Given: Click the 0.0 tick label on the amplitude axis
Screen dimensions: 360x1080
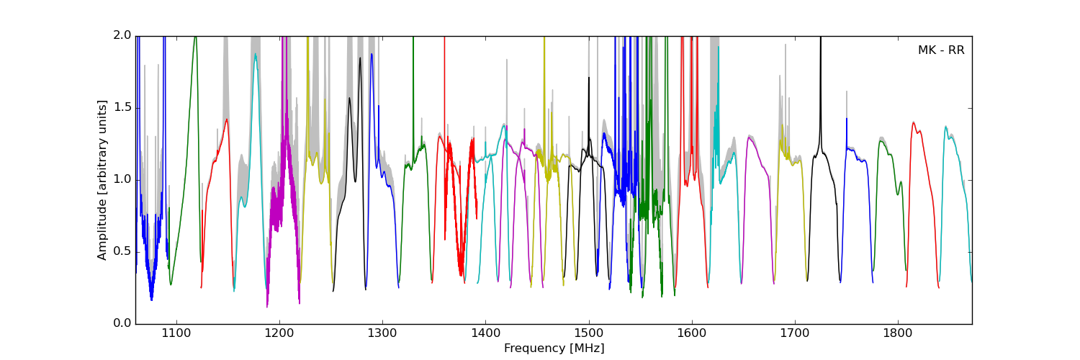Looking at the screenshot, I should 123,324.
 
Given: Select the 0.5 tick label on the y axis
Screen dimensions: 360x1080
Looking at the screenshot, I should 123,252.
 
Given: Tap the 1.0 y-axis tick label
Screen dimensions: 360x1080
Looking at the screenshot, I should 123,180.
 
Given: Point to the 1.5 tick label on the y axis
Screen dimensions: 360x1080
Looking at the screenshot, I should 123,108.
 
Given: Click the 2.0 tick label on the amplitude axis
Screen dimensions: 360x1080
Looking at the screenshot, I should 123,36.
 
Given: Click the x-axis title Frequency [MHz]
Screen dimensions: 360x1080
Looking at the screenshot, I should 554,348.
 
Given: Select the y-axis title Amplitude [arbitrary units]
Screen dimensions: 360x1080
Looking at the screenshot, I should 102,180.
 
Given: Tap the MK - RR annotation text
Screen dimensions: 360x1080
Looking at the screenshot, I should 940,50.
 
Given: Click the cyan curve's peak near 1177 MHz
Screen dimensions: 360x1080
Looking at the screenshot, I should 255,54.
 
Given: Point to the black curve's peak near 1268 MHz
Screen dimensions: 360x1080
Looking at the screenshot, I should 349,98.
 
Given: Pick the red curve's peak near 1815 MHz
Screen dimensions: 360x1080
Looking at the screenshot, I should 914,122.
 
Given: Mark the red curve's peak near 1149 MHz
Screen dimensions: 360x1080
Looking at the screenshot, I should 227,120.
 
